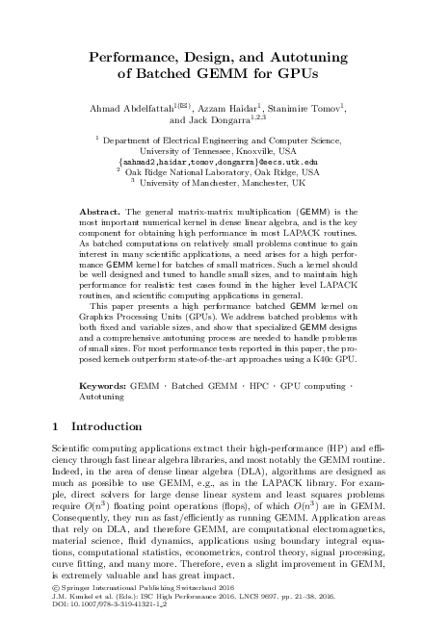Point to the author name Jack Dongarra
pos(210,121)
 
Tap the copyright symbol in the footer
pos(53,614)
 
